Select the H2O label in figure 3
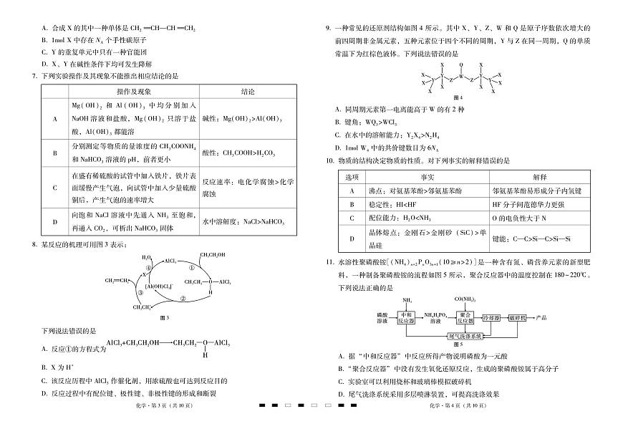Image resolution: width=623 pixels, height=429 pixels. click(x=147, y=256)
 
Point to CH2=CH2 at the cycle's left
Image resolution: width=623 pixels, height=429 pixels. click(x=117, y=280)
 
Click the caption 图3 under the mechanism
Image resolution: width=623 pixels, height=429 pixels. click(x=164, y=317)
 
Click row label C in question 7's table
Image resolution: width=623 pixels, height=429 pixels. click(x=55, y=187)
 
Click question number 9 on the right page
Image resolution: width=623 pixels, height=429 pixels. click(x=327, y=28)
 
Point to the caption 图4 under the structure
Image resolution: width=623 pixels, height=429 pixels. click(x=458, y=97)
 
